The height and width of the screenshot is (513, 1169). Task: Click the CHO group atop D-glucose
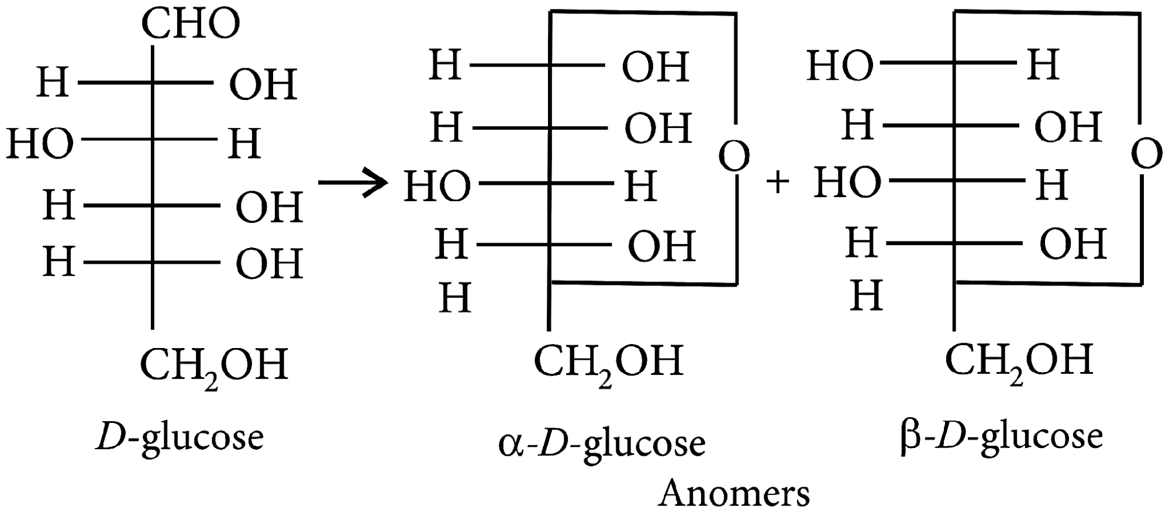pyautogui.click(x=191, y=25)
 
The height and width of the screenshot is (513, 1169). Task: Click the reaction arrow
pyautogui.click(x=353, y=183)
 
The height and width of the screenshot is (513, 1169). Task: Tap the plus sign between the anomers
pyautogui.click(x=777, y=183)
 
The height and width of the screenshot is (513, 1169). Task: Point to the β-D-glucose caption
pyautogui.click(x=1001, y=436)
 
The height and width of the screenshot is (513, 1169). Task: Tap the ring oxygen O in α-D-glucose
pyautogui.click(x=734, y=157)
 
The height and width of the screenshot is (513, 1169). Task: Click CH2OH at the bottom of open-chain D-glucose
pyautogui.click(x=214, y=366)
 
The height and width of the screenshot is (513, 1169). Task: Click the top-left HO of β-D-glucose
pyautogui.click(x=840, y=65)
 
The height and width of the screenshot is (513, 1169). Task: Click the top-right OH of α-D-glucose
pyautogui.click(x=656, y=67)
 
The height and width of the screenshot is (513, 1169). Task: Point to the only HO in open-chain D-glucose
pyautogui.click(x=40, y=144)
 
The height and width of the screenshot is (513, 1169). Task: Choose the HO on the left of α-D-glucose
pyautogui.click(x=437, y=187)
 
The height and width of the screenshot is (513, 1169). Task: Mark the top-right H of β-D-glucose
pyautogui.click(x=1043, y=64)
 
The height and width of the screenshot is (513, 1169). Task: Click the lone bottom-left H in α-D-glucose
pyautogui.click(x=455, y=298)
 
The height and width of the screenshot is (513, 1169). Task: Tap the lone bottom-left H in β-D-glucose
pyautogui.click(x=866, y=295)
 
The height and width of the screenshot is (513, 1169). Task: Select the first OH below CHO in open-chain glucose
pyautogui.click(x=263, y=84)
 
